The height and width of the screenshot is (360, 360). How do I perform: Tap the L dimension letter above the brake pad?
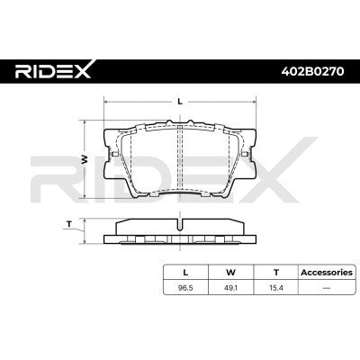(x=181, y=102)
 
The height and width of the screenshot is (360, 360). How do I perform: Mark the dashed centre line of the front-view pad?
(x=181, y=162)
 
